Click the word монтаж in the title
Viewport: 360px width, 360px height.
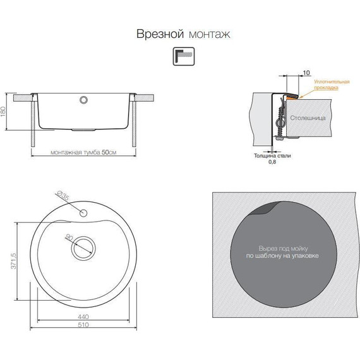(208, 33)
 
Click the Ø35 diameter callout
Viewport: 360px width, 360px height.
(63, 198)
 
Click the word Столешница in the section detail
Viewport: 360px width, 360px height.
(311, 117)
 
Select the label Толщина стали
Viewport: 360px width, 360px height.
(272, 155)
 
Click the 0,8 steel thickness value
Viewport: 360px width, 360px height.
(272, 162)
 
